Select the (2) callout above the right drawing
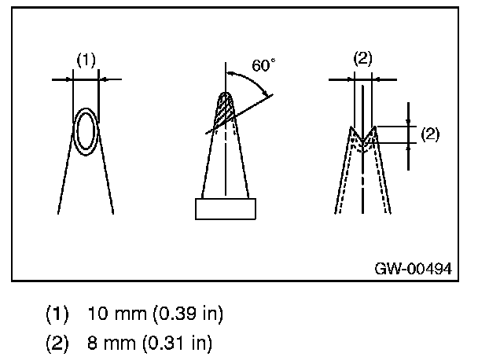point(363,57)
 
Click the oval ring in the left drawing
point(86,130)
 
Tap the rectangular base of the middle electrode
point(226,208)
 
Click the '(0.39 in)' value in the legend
point(186,314)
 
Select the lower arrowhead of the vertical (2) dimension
point(410,145)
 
